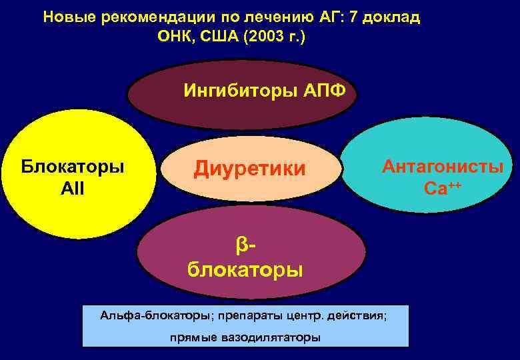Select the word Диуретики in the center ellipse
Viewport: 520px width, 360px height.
[249, 169]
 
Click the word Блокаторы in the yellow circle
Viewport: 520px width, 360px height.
[73, 166]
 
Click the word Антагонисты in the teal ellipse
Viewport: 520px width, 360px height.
[442, 167]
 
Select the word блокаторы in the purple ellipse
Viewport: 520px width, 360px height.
[245, 270]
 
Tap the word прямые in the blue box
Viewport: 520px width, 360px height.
[193, 337]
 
